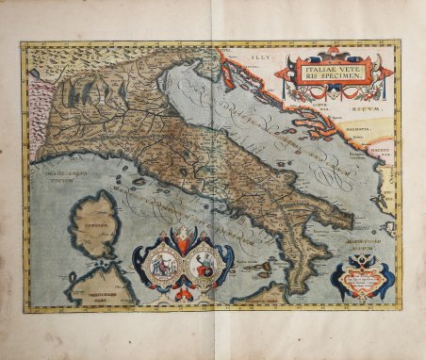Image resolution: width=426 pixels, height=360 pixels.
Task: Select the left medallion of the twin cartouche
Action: click(162, 263)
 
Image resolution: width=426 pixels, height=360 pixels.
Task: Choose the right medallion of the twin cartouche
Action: click(203, 263)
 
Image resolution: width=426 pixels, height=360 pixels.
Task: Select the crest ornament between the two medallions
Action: click(183, 239)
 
